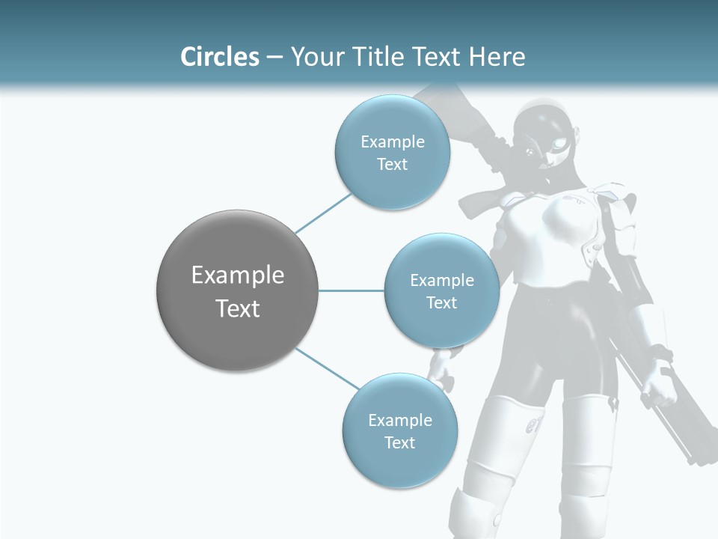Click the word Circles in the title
point(220,57)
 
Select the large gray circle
point(238,290)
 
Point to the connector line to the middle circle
point(352,290)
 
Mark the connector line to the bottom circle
point(328,368)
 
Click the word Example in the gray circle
point(238,275)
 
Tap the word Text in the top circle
point(393,165)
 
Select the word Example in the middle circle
point(442,281)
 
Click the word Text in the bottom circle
point(399,443)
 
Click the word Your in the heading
point(315,57)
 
